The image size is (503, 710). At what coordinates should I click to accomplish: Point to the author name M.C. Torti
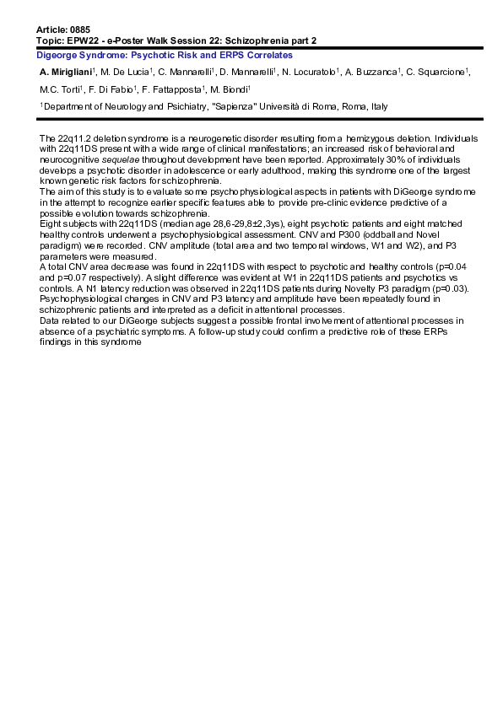point(59,89)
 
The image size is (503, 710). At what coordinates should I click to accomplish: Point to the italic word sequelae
point(120,158)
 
